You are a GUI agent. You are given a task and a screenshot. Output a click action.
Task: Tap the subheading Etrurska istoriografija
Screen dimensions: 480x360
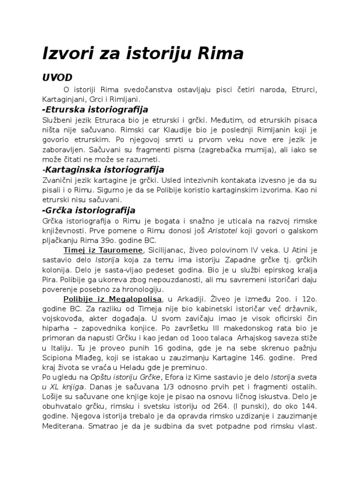pos(95,109)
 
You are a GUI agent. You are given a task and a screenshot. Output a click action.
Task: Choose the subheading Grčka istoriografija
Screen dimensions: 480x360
pos(89,210)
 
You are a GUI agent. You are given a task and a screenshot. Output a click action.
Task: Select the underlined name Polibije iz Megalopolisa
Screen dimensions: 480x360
pos(113,299)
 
